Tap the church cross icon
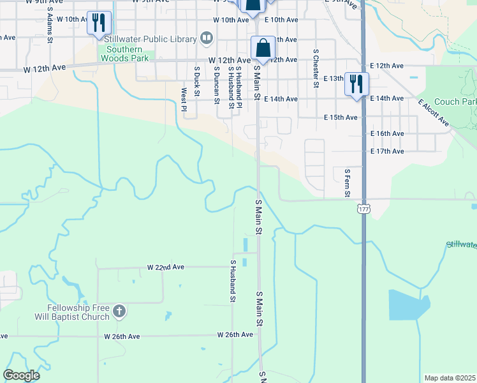(119, 312)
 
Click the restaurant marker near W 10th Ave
(99, 24)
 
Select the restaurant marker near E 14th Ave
(356, 84)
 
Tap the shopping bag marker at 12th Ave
(263, 49)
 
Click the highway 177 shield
(363, 209)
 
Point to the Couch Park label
(455, 102)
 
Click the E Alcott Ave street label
(434, 112)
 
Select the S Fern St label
(347, 181)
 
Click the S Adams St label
(50, 29)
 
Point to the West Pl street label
(184, 100)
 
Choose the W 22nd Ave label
(165, 267)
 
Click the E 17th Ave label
(387, 151)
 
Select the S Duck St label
(197, 83)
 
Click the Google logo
(22, 375)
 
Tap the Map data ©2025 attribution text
(449, 378)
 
